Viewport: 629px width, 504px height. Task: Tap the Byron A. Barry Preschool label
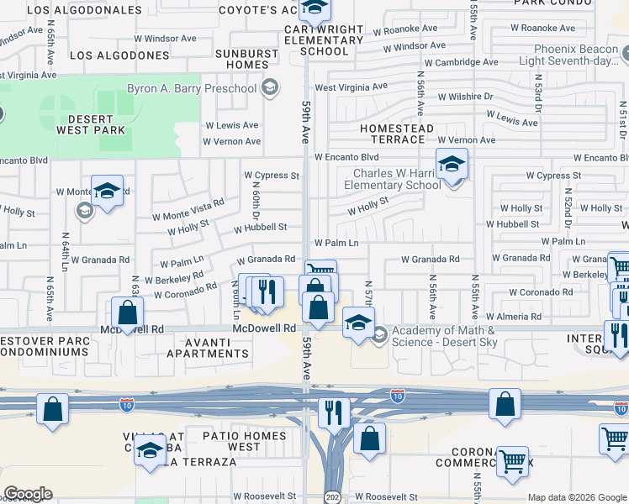coord(192,88)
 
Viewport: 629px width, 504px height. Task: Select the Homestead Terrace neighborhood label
coord(397,134)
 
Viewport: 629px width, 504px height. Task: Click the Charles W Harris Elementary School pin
coord(452,165)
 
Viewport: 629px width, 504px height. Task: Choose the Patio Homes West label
coord(245,441)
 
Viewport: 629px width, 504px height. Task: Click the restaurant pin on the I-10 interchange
coord(335,412)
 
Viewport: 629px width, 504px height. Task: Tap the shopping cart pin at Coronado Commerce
coord(512,460)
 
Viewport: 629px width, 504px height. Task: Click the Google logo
coord(28,494)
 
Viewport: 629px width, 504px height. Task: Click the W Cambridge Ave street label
coord(461,62)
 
